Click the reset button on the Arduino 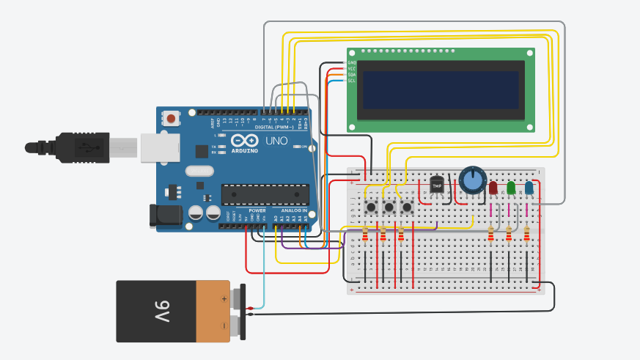pyautogui.click(x=172, y=117)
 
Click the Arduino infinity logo pyautogui.click(x=245, y=141)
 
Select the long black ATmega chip pyautogui.click(x=265, y=194)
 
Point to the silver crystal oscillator pyautogui.click(x=200, y=172)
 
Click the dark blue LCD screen pyautogui.click(x=440, y=92)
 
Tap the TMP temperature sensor pyautogui.click(x=438, y=185)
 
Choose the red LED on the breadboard pyautogui.click(x=493, y=188)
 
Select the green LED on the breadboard pyautogui.click(x=511, y=188)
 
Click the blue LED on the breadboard pyautogui.click(x=529, y=188)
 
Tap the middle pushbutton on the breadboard pyautogui.click(x=389, y=207)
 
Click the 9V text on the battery pyautogui.click(x=162, y=312)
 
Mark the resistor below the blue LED pyautogui.click(x=527, y=235)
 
